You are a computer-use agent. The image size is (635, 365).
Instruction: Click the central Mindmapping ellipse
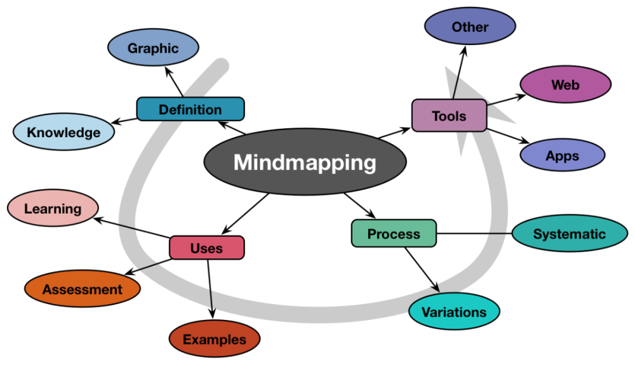305,163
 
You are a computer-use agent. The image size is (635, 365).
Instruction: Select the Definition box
190,109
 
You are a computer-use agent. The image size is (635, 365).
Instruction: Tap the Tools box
449,116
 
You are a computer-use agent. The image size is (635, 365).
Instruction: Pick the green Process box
394,234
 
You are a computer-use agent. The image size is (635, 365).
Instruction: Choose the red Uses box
206,248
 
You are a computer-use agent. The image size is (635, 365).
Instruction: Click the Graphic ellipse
153,48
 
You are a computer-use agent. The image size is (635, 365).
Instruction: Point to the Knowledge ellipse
63,132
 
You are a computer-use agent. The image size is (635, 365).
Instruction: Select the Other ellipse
470,27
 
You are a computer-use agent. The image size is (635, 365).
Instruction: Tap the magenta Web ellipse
565,84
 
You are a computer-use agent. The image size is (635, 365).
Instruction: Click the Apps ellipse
561,155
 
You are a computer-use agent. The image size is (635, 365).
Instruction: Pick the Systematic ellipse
570,234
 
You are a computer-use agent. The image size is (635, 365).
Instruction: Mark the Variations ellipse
454,312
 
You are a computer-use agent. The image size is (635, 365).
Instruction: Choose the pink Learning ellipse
53,208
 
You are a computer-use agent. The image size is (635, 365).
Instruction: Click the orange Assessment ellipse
83,289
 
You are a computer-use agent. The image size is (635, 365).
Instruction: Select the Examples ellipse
215,340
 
